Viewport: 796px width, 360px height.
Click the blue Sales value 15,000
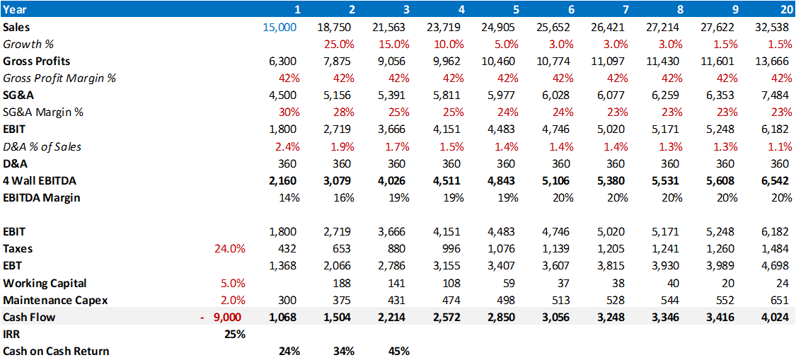click(x=279, y=27)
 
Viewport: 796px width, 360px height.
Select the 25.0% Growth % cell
click(x=338, y=44)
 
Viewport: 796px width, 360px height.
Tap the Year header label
click(x=16, y=9)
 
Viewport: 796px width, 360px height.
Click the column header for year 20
click(x=784, y=9)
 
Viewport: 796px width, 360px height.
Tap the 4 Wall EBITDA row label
click(x=40, y=181)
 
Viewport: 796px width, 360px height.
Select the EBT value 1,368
click(x=284, y=266)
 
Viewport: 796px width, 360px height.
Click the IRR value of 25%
click(x=235, y=334)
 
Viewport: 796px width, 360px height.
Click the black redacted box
click(x=224, y=350)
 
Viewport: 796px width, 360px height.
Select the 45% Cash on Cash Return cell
click(x=398, y=351)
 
